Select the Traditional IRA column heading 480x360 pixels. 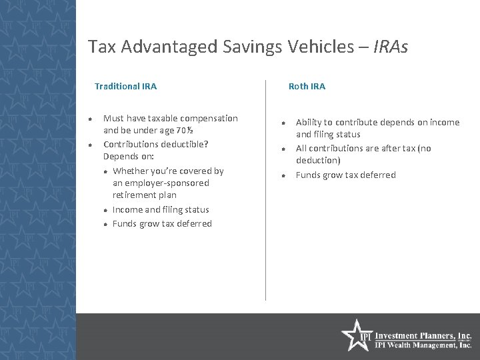(126, 86)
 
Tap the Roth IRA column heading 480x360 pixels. (307, 86)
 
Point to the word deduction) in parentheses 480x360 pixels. (318, 161)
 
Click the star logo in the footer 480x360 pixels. (353, 336)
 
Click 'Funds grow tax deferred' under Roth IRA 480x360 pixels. (345, 175)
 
